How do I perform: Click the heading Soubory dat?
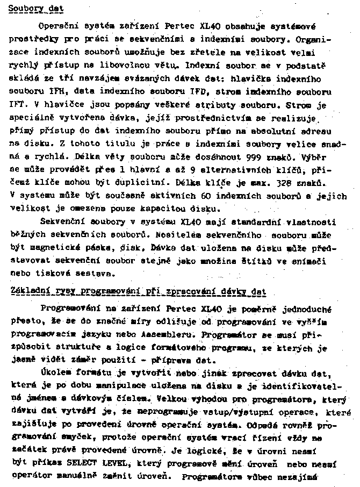[x=33, y=9]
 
